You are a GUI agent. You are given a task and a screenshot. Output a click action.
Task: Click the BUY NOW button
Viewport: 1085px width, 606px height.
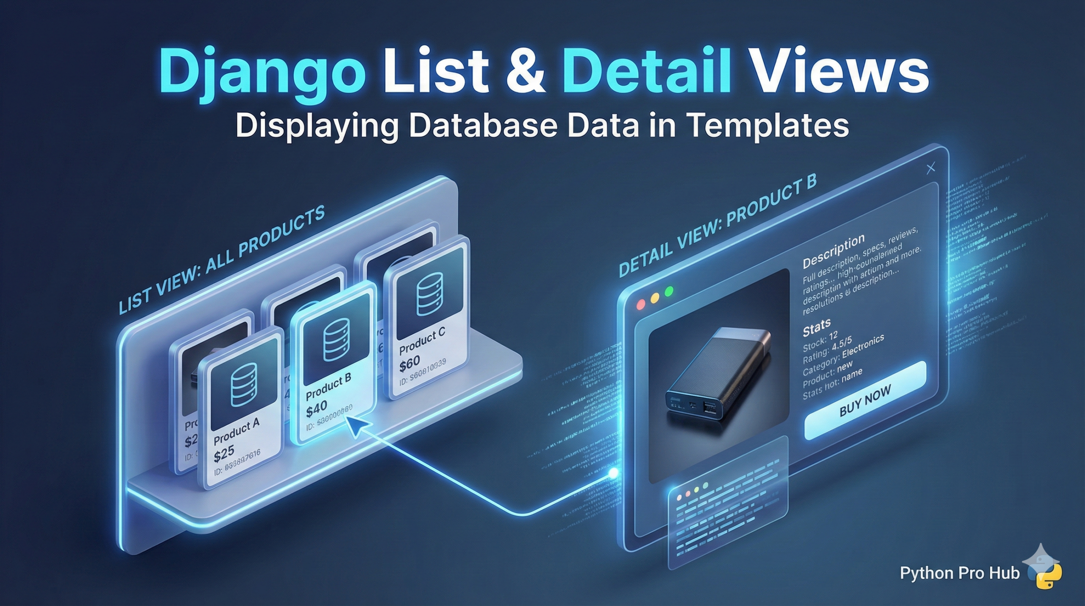[865, 401]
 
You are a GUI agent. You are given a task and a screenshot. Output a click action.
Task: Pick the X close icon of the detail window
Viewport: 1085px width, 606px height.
[931, 168]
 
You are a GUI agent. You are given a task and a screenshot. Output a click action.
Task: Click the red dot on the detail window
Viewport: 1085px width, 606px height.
[641, 304]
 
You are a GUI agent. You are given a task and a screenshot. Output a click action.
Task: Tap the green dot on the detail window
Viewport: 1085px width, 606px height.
[669, 291]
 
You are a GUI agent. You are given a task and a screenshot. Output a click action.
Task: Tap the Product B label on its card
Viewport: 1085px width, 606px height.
[328, 387]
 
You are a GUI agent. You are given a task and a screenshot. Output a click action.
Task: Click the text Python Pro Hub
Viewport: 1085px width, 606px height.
[960, 573]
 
